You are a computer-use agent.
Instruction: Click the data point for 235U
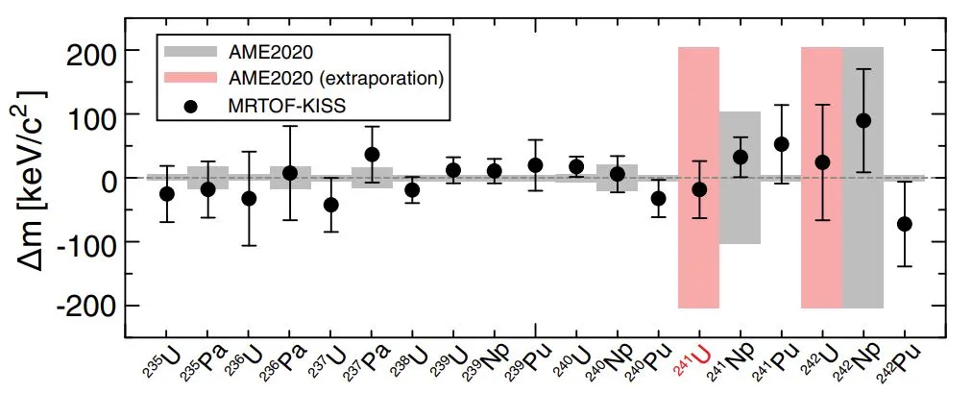167,193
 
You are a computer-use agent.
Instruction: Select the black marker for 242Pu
904,224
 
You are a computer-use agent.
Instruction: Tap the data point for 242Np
863,120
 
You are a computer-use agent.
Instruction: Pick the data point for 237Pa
373,154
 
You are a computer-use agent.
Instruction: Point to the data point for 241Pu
782,144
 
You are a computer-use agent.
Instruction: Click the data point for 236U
249,198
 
